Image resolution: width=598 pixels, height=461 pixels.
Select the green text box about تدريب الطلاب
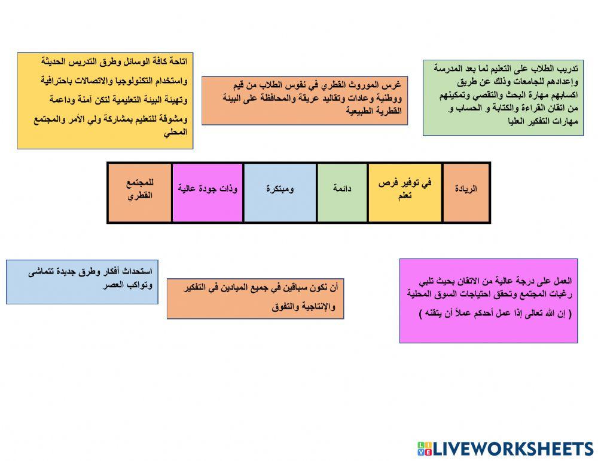point(503,97)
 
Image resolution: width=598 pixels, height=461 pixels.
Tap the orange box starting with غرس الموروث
point(304,100)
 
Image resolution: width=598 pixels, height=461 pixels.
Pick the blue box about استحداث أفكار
point(82,282)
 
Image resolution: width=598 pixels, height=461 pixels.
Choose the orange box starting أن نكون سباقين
point(255,298)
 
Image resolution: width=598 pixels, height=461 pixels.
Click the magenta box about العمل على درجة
point(489,300)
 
